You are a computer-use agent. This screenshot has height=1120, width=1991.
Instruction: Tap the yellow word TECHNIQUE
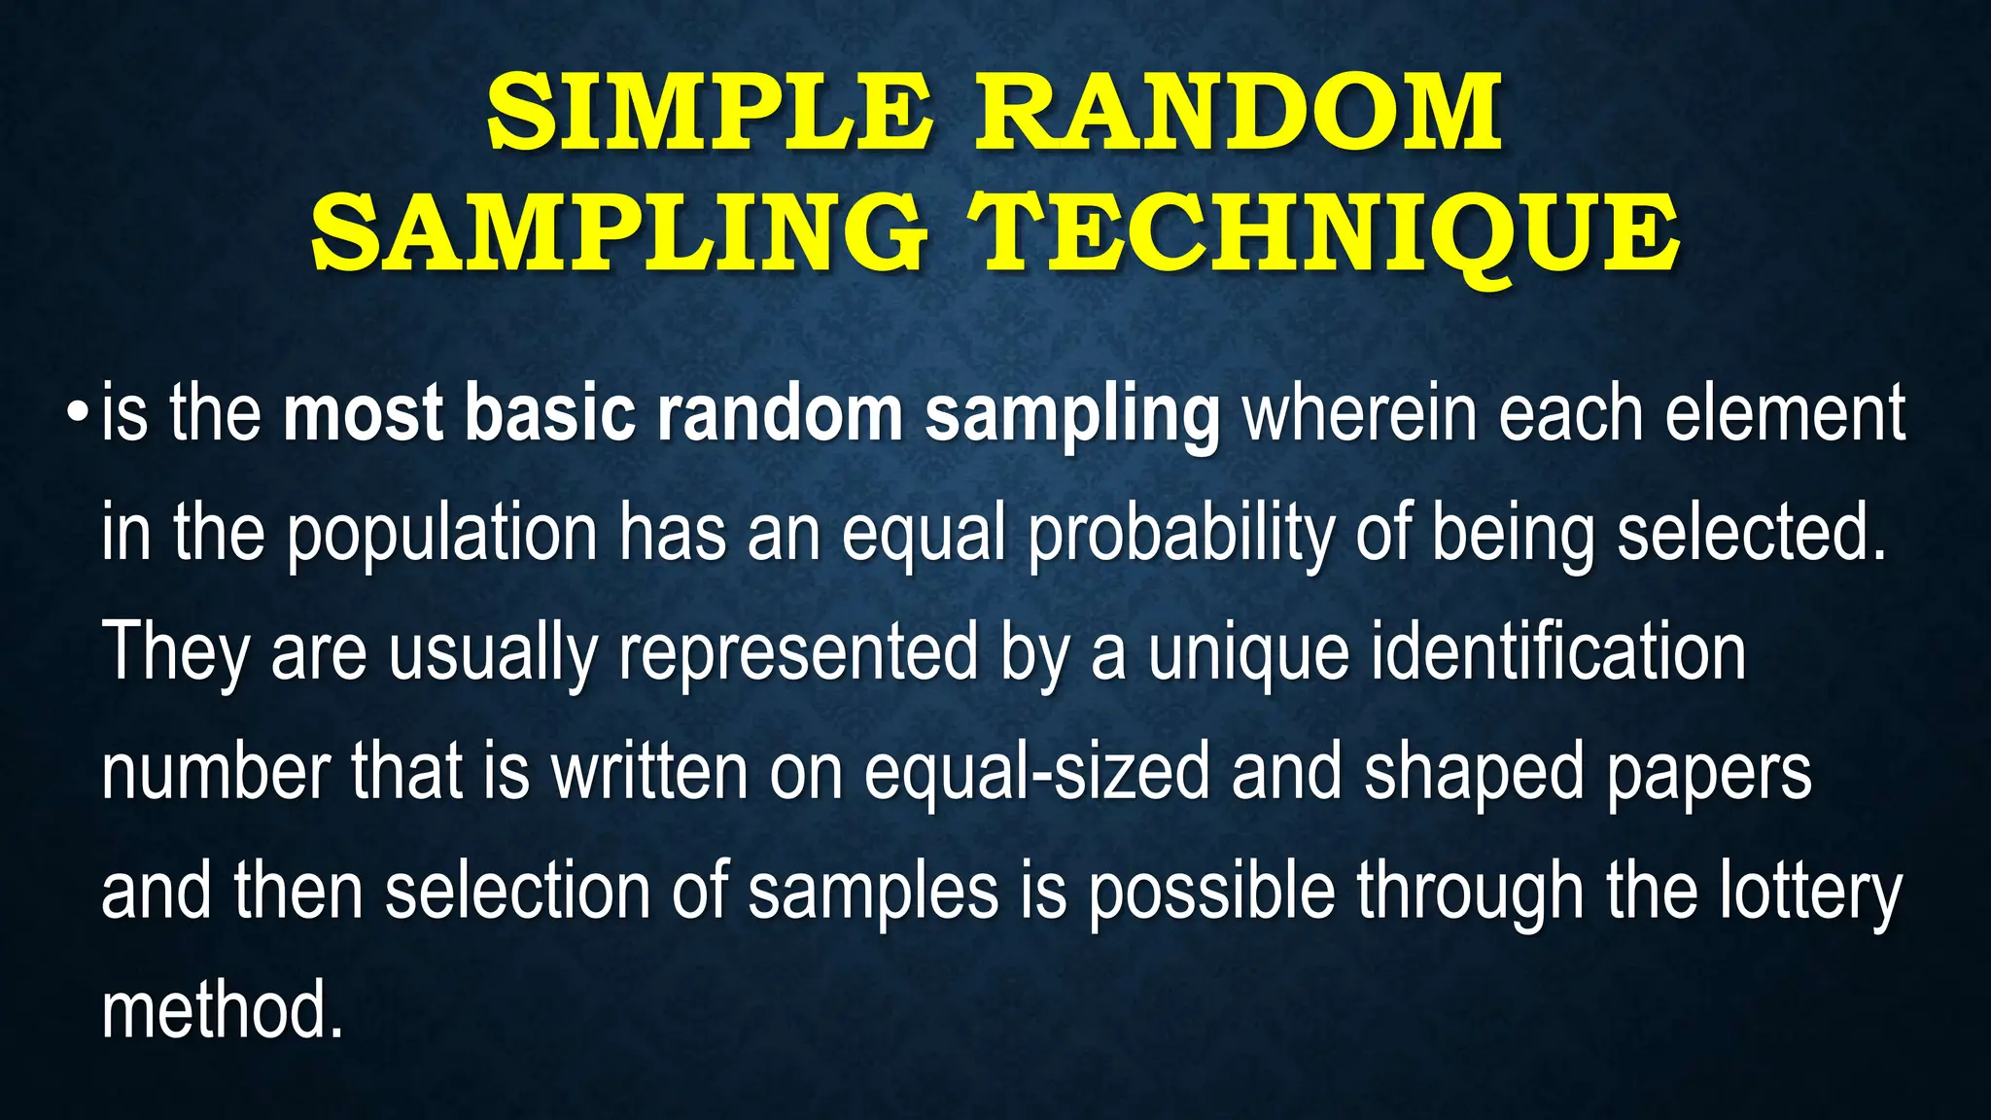tap(1328, 233)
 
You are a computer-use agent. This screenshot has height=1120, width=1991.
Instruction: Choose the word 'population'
tap(441, 535)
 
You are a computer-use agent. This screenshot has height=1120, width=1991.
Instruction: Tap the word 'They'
tap(175, 653)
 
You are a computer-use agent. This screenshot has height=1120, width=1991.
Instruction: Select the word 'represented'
tap(797, 653)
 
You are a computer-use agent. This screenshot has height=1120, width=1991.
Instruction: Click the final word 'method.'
tap(223, 1011)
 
